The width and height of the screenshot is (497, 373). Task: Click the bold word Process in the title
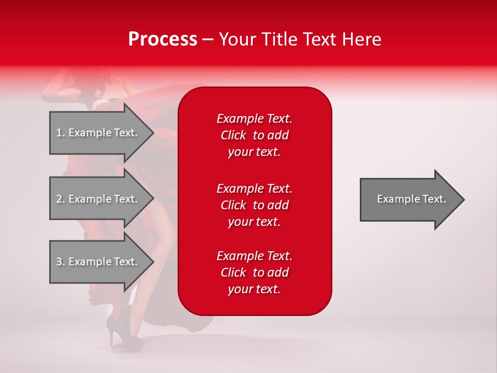pyautogui.click(x=163, y=39)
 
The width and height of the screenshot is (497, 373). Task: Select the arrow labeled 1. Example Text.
pyautogui.click(x=98, y=133)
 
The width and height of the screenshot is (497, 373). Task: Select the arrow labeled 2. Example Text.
pyautogui.click(x=98, y=199)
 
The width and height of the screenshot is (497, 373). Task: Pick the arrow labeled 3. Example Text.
pyautogui.click(x=98, y=262)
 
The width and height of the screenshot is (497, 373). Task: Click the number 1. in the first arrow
pyautogui.click(x=61, y=133)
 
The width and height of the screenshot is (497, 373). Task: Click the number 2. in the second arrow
pyautogui.click(x=61, y=199)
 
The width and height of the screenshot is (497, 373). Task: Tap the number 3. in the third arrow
pyautogui.click(x=61, y=262)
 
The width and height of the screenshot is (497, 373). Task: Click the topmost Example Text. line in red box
pyautogui.click(x=254, y=119)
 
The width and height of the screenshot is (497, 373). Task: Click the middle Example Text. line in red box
pyautogui.click(x=254, y=188)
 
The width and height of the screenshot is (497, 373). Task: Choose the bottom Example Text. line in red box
pyautogui.click(x=254, y=256)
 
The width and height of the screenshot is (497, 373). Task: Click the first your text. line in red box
pyautogui.click(x=254, y=152)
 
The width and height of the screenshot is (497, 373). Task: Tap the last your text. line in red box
pyautogui.click(x=254, y=290)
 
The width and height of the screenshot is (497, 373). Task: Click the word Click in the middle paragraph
pyautogui.click(x=233, y=205)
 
